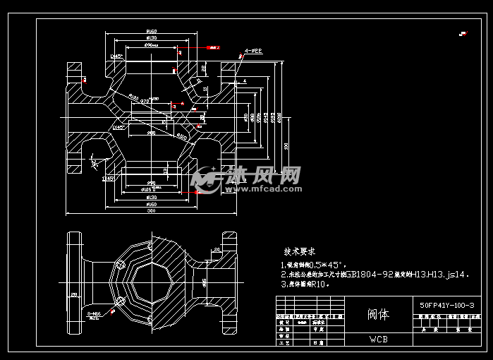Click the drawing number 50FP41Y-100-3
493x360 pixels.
click(446, 305)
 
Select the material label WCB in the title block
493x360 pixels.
click(377, 339)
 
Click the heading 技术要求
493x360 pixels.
click(300, 251)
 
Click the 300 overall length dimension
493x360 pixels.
click(151, 210)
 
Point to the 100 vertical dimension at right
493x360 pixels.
click(285, 146)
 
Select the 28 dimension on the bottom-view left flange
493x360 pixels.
click(73, 294)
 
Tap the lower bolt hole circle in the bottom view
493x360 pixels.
click(121, 301)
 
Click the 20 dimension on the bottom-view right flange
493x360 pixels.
click(217, 250)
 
